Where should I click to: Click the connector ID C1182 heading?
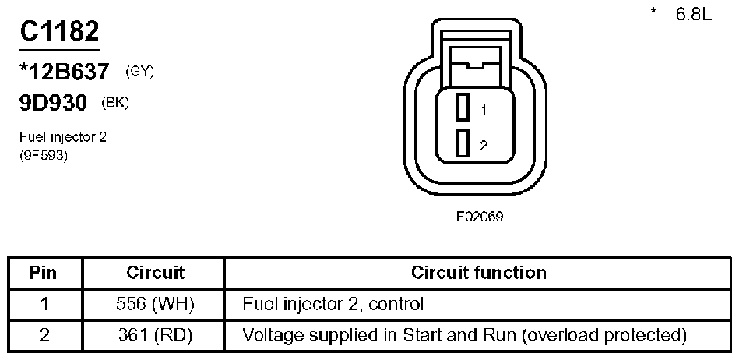pos(59,31)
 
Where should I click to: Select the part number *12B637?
pos(65,72)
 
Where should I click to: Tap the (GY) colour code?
pos(140,72)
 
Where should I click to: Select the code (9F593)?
pos(44,154)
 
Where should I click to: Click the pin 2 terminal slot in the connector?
pos(462,143)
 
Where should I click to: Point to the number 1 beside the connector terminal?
pos(484,111)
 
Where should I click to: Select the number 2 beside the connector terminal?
pos(484,145)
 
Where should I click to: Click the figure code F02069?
pos(479,216)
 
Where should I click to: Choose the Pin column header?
pos(44,273)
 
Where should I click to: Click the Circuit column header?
pos(155,273)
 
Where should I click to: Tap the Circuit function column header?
pos(478,273)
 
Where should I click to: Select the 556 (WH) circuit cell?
pos(155,304)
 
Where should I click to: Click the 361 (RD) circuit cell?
pos(155,335)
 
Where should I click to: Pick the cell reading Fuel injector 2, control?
pos(333,304)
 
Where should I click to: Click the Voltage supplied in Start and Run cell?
pos(465,335)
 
